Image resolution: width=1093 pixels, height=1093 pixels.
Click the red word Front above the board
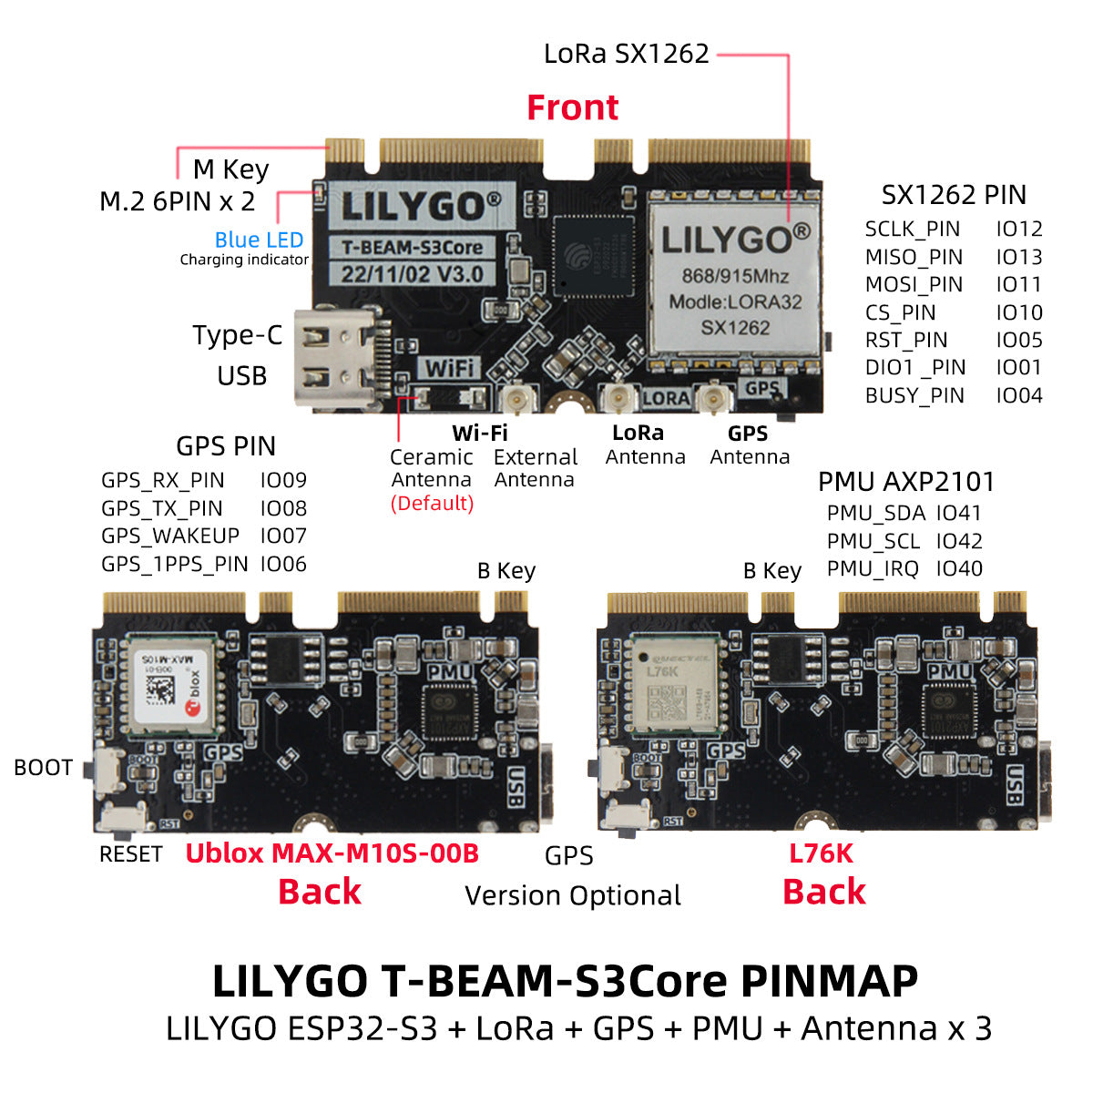tap(572, 107)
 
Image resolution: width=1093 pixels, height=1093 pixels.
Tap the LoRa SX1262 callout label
tap(626, 54)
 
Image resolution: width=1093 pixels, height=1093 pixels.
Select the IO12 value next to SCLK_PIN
tap(1018, 229)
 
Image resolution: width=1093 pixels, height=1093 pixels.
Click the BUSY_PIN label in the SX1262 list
tap(914, 395)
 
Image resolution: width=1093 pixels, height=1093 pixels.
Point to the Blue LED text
tap(259, 240)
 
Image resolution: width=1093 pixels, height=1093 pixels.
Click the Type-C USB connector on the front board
tap(334, 356)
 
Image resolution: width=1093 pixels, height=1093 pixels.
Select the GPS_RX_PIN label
tap(162, 480)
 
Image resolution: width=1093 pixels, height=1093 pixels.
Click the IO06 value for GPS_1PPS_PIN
tap(283, 564)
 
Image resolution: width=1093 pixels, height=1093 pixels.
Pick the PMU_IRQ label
tap(873, 568)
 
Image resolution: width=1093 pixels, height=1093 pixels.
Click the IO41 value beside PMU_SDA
tap(959, 513)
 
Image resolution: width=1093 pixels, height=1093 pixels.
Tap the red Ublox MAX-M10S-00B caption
tap(332, 853)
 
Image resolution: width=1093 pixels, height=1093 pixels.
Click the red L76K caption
tap(821, 853)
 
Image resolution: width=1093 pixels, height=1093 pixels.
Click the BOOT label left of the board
tap(43, 768)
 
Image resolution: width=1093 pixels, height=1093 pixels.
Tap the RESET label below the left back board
tap(130, 854)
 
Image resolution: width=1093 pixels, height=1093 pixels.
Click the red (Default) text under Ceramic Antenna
tap(432, 503)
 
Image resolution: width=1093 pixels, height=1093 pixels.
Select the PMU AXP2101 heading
tap(905, 482)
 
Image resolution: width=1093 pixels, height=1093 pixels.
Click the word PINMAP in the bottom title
tap(829, 981)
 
